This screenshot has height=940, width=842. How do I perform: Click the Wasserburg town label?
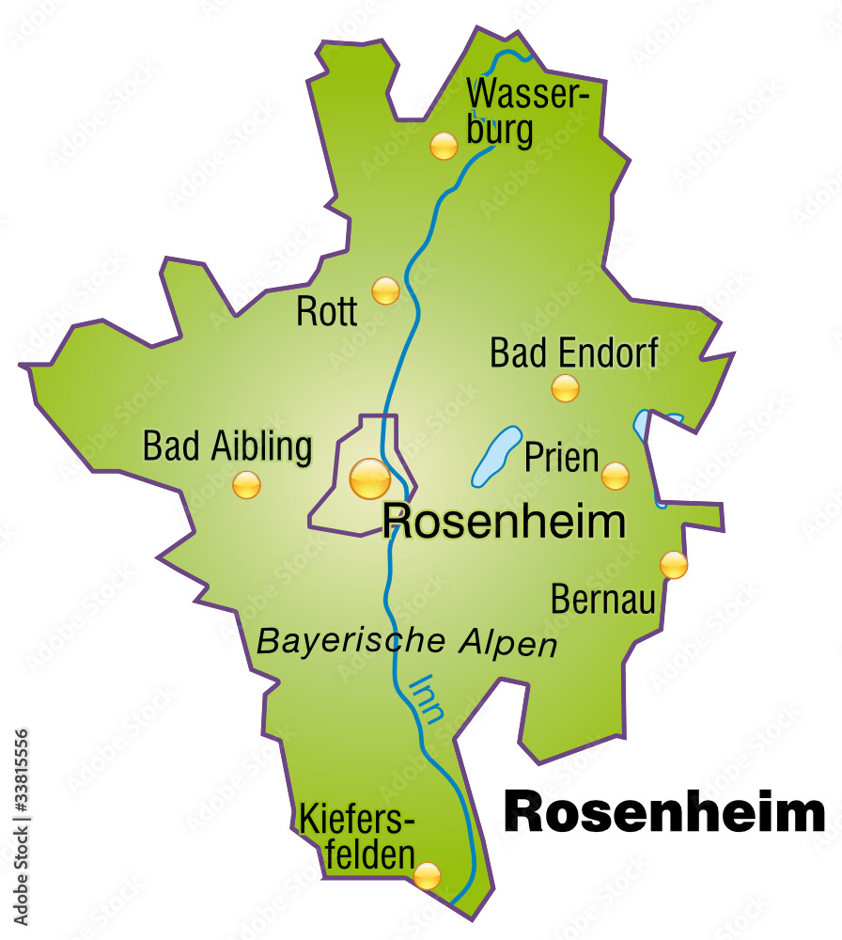click(x=527, y=112)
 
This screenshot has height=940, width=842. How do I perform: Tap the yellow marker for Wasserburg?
click(x=444, y=146)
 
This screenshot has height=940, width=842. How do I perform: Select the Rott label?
click(x=327, y=311)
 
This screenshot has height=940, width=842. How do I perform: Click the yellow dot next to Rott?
click(x=385, y=290)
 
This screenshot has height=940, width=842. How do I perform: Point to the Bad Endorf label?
click(x=574, y=353)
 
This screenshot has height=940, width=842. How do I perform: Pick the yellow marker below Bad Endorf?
click(x=565, y=387)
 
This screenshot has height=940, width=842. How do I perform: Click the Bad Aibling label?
click(x=226, y=446)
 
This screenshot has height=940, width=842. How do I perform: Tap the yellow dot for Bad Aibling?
click(x=246, y=485)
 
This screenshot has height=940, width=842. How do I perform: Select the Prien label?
click(x=561, y=458)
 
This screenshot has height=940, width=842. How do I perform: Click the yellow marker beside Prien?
click(x=615, y=476)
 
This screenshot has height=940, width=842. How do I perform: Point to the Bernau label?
click(x=602, y=600)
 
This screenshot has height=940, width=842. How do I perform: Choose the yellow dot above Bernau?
click(x=674, y=564)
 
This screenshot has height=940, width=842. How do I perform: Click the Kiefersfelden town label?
click(x=357, y=836)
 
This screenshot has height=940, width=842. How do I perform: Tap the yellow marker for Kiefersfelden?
click(x=427, y=876)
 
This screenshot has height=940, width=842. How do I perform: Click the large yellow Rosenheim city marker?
click(x=369, y=478)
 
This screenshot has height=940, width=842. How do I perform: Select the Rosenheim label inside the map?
click(x=504, y=522)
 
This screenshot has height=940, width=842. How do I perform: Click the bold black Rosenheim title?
click(x=664, y=812)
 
